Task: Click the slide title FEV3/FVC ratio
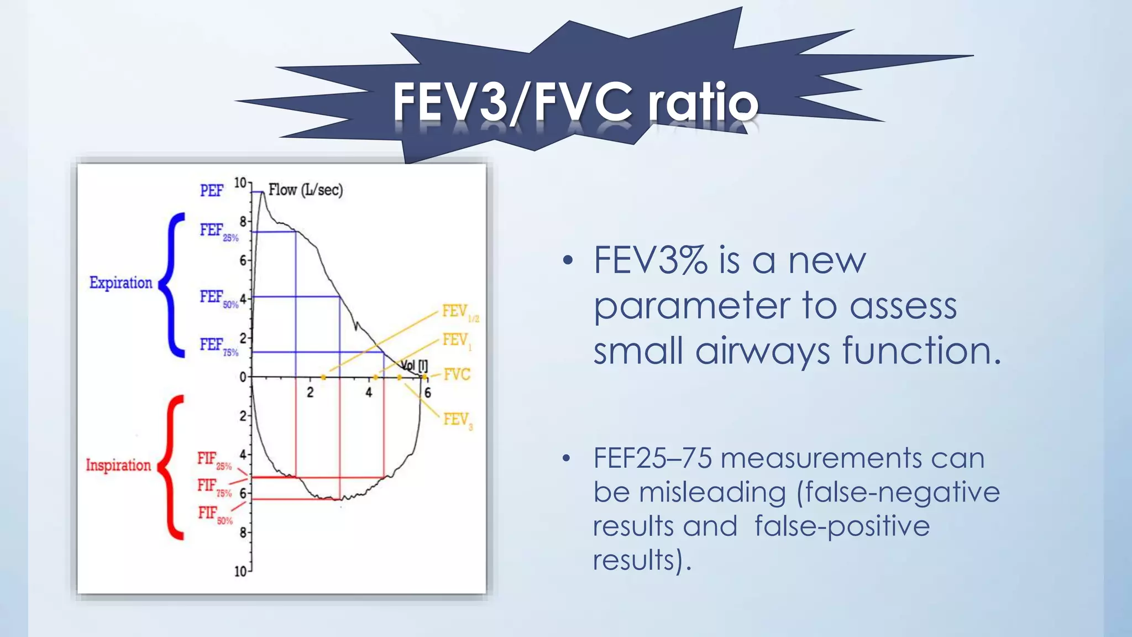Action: click(575, 101)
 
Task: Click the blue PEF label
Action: click(211, 191)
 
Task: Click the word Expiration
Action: click(120, 283)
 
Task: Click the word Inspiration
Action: click(118, 465)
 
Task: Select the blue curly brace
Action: click(174, 285)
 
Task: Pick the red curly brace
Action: click(172, 467)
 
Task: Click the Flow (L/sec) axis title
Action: click(306, 190)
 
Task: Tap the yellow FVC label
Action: click(457, 375)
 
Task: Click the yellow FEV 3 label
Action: click(458, 420)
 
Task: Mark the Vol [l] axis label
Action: click(415, 365)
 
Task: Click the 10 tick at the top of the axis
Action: click(240, 183)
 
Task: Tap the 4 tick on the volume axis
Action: click(369, 393)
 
